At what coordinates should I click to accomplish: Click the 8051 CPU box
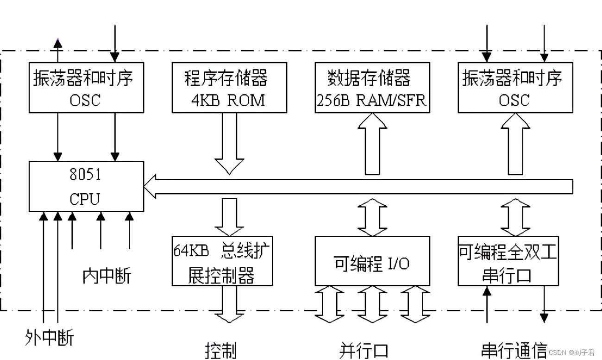pyautogui.click(x=86, y=187)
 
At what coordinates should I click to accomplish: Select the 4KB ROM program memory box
pyautogui.click(x=229, y=88)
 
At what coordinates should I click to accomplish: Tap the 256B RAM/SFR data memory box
pyautogui.click(x=372, y=88)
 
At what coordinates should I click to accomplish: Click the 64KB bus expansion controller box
pyautogui.click(x=222, y=261)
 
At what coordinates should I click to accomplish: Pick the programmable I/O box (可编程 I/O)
pyautogui.click(x=372, y=261)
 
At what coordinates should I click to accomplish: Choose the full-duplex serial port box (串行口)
pyautogui.click(x=508, y=261)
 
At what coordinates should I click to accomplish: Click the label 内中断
pyautogui.click(x=107, y=276)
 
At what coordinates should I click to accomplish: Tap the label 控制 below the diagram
pyautogui.click(x=221, y=350)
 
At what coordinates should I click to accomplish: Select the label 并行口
pyautogui.click(x=364, y=350)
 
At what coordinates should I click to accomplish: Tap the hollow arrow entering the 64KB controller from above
pyautogui.click(x=229, y=217)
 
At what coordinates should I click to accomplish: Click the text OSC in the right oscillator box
pyautogui.click(x=514, y=100)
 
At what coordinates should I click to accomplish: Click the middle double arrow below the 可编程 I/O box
pyautogui.click(x=372, y=304)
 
